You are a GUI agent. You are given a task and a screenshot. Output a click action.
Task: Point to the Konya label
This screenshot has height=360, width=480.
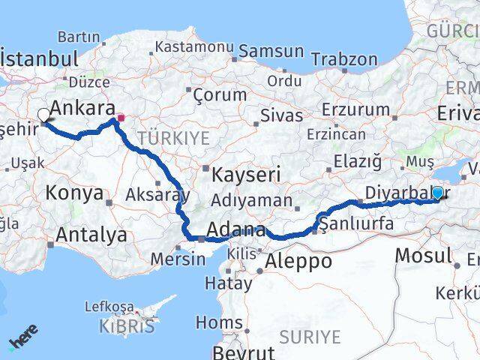pos(74,193)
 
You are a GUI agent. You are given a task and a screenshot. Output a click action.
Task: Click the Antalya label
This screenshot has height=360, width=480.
pos(91,235)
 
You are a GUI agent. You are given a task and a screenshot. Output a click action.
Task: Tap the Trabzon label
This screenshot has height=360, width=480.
pos(344,58)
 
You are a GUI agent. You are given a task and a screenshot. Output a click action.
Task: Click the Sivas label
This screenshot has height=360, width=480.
pos(283,115)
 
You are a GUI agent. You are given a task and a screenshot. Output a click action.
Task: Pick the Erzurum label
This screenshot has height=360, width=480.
pos(352,109)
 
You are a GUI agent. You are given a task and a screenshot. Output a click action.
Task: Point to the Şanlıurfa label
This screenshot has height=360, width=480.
pos(355,223)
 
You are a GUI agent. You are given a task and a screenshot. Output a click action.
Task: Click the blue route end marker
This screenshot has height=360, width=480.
pos(437,193)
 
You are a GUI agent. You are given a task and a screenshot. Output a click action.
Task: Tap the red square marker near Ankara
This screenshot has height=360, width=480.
pos(121,118)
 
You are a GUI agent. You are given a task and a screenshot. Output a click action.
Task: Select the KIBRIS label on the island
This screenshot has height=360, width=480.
pos(127,326)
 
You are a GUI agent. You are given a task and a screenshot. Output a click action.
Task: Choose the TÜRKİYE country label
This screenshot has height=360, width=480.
pos(173,137)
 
